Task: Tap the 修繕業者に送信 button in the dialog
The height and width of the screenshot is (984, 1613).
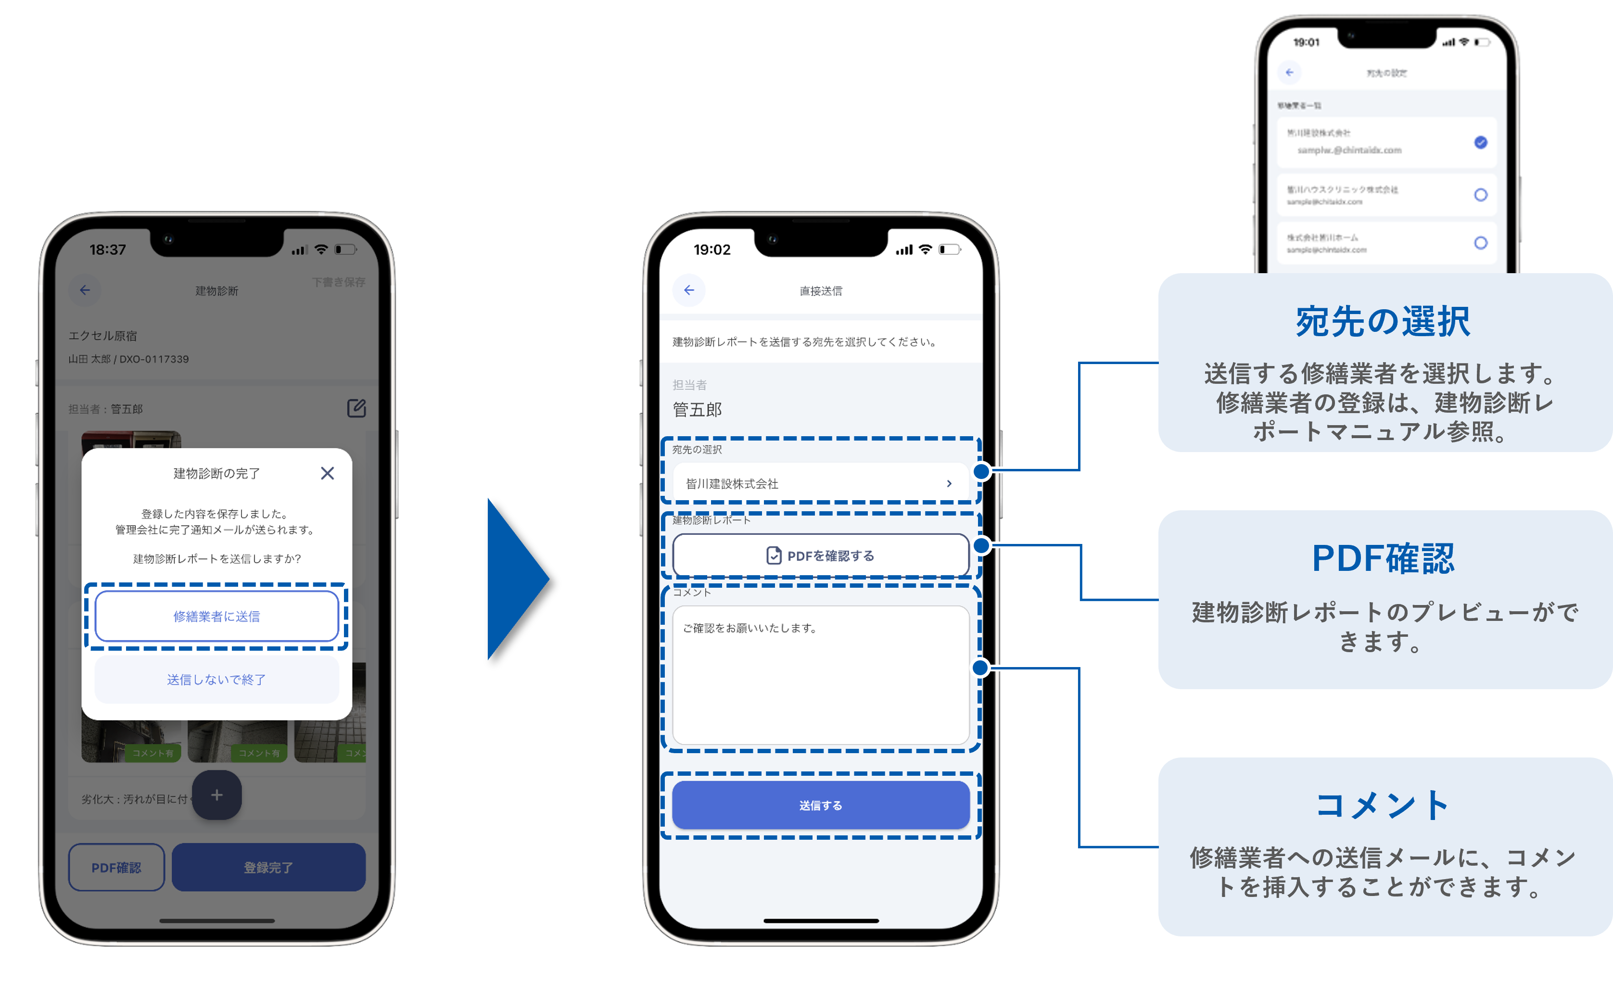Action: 216,616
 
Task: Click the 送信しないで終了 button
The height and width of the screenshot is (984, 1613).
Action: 216,680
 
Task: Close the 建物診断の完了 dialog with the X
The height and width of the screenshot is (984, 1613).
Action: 327,473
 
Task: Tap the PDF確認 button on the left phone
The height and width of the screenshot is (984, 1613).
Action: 116,868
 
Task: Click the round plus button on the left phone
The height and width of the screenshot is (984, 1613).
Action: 216,795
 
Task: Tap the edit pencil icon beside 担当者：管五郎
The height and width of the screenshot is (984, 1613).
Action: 356,408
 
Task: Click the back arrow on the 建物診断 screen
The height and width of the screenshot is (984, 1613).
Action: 85,290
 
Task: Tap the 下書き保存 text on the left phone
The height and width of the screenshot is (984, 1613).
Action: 339,282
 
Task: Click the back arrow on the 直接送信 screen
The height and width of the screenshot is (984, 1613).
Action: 689,290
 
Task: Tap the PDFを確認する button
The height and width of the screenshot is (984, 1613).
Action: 820,555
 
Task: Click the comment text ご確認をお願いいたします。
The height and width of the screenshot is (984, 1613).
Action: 749,628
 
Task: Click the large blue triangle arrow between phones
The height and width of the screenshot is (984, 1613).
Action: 514,579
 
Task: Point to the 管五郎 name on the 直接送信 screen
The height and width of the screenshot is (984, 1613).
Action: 697,410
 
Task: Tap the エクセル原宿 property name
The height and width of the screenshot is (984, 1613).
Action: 103,336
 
